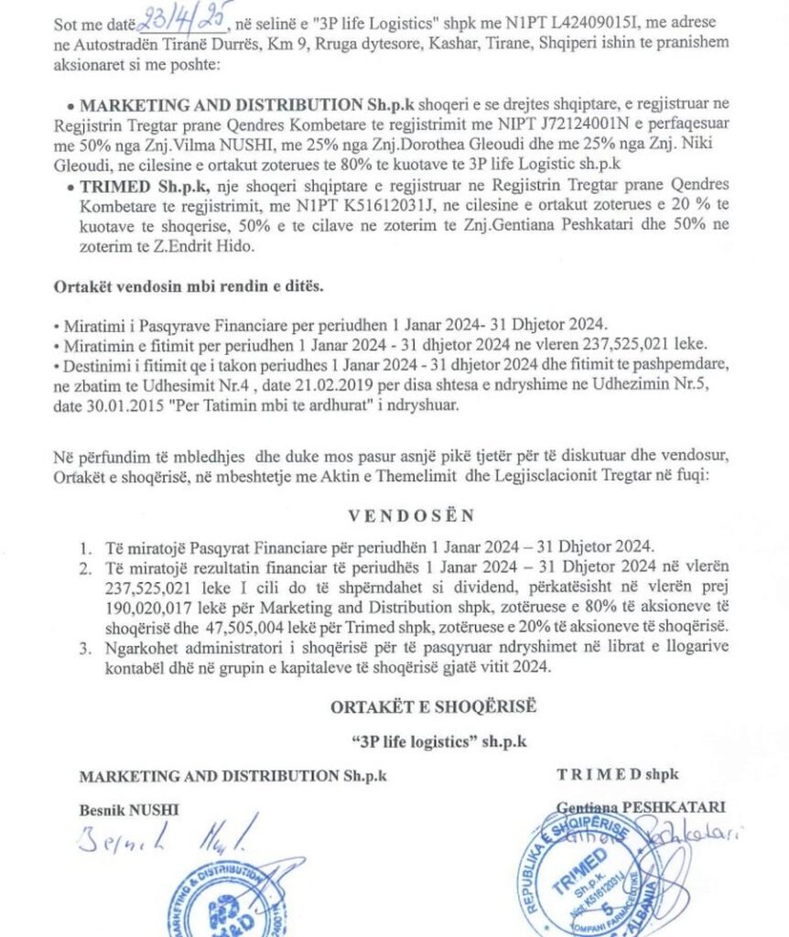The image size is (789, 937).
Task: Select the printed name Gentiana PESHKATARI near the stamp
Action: point(641,807)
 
